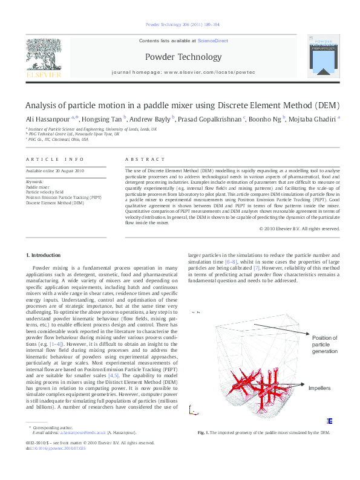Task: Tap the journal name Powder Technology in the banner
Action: pyautogui.click(x=183, y=57)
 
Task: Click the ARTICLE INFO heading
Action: pyautogui.click(x=55, y=159)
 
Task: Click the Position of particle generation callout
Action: pyautogui.click(x=325, y=345)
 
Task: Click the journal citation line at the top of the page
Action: pyautogui.click(x=183, y=25)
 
